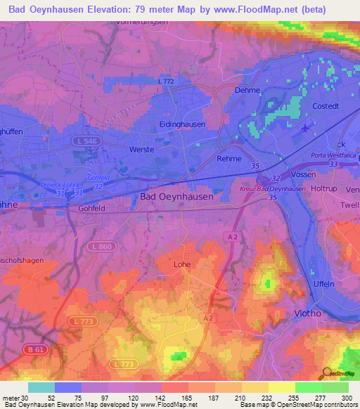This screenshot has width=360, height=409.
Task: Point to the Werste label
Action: pyautogui.click(x=141, y=150)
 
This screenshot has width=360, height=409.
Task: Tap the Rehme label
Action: pyautogui.click(x=229, y=159)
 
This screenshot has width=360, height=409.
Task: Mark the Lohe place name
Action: pyautogui.click(x=182, y=265)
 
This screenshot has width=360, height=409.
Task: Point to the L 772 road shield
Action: pyautogui.click(x=166, y=82)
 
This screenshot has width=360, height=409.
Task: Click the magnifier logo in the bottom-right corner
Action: pyautogui.click(x=325, y=373)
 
